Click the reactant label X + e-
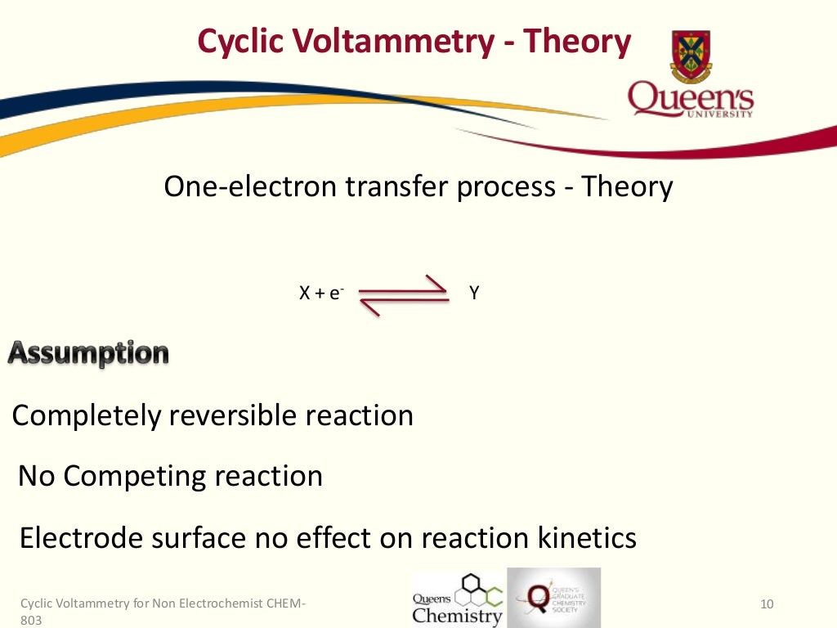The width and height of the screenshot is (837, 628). coord(320,294)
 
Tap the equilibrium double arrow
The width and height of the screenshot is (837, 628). coord(404,294)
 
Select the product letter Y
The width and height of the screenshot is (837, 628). coord(474,293)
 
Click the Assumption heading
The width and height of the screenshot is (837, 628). coord(88,354)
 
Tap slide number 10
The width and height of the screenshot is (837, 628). coord(766,605)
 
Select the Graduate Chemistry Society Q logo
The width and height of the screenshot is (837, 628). coord(554,598)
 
